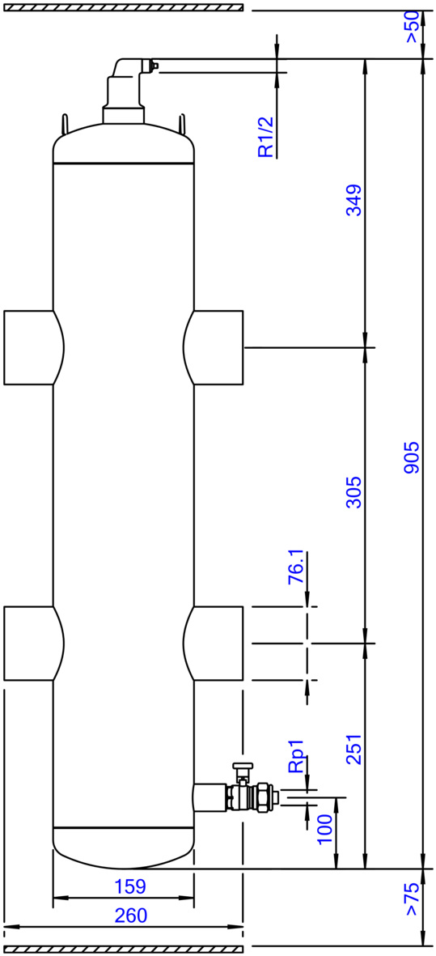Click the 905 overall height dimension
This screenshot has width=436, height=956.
(x=413, y=457)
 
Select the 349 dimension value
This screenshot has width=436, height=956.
(x=353, y=200)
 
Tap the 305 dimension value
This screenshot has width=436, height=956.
(x=353, y=492)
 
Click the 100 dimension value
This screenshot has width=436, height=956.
(x=324, y=828)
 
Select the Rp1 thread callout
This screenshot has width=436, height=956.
(x=296, y=758)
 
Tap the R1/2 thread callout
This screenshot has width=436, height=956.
(x=267, y=137)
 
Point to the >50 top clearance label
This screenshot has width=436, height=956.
(x=413, y=27)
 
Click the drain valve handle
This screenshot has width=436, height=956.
(x=242, y=767)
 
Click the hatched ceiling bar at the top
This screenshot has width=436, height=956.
(x=124, y=8)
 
